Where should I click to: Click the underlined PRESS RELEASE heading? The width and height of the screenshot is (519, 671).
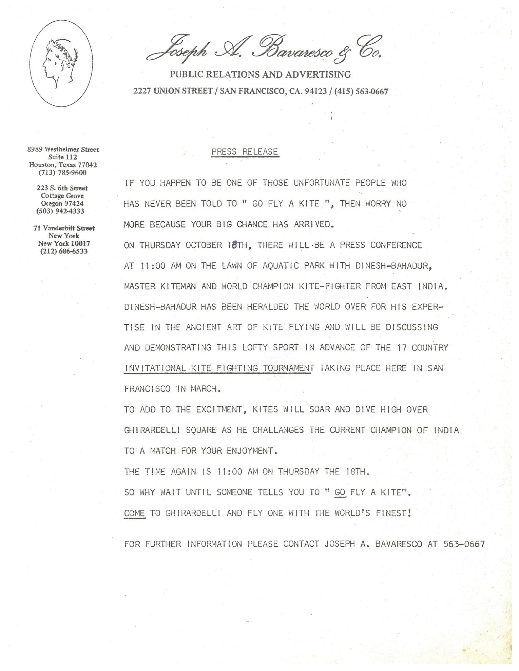(245, 152)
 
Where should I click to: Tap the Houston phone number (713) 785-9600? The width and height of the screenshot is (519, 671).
(63, 172)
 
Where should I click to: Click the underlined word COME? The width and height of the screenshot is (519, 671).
(135, 513)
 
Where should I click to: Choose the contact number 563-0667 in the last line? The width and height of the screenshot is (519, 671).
(464, 544)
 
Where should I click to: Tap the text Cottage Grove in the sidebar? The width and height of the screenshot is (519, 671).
(62, 196)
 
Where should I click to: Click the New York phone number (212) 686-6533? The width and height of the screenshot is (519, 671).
(64, 251)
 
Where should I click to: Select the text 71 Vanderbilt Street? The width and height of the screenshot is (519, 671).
(64, 228)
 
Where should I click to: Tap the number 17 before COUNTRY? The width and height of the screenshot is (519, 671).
(402, 348)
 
